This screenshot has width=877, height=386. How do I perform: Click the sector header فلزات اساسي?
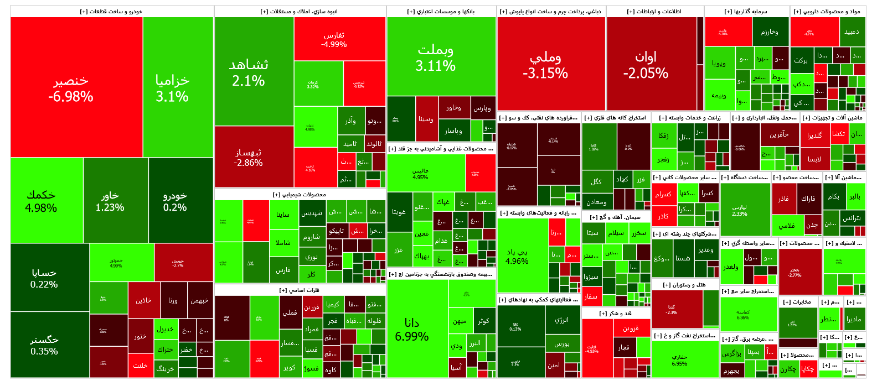click(300, 290)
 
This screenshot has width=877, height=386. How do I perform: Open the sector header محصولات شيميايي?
click(300, 194)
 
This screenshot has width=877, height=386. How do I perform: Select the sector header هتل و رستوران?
click(684, 284)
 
